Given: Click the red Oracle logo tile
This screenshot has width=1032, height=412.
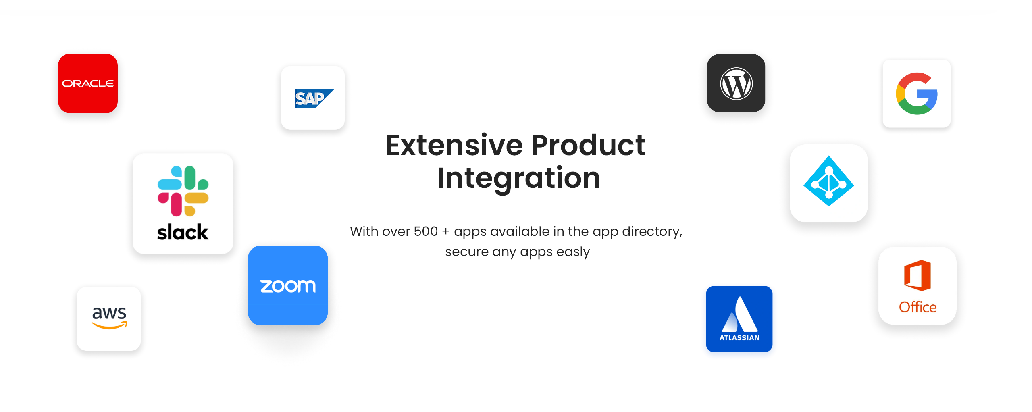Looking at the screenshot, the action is pyautogui.click(x=88, y=83).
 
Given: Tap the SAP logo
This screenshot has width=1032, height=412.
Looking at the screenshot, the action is pyautogui.click(x=314, y=98).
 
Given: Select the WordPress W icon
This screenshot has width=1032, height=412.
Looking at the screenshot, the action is pyautogui.click(x=736, y=83).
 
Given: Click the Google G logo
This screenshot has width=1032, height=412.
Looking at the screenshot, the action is pyautogui.click(x=917, y=94).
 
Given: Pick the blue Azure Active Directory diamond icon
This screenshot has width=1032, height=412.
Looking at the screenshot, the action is pyautogui.click(x=829, y=181).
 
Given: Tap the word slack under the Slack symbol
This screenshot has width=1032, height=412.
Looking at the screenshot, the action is pyautogui.click(x=183, y=232).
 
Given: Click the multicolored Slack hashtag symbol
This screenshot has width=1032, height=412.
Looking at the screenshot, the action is pyautogui.click(x=183, y=191).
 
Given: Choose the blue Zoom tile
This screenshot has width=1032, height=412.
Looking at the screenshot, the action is pyautogui.click(x=288, y=285).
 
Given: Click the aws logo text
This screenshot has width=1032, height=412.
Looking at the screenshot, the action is pyautogui.click(x=109, y=313).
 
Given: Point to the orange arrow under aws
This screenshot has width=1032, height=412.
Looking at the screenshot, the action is pyautogui.click(x=110, y=325).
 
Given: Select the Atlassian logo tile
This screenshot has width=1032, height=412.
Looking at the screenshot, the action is pyautogui.click(x=739, y=319).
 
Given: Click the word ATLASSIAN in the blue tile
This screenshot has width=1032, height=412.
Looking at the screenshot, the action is pyautogui.click(x=739, y=338).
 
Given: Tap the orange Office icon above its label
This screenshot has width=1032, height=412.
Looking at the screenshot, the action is pyautogui.click(x=918, y=275).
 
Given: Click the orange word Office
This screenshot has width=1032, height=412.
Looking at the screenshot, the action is pyautogui.click(x=918, y=307).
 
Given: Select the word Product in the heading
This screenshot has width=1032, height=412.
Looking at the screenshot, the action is pyautogui.click(x=589, y=145).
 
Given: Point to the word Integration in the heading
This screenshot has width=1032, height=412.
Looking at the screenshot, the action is pyautogui.click(x=519, y=178).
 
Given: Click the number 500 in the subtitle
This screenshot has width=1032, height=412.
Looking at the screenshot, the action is pyautogui.click(x=426, y=231).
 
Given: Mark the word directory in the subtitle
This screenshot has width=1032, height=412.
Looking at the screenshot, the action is pyautogui.click(x=652, y=232).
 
